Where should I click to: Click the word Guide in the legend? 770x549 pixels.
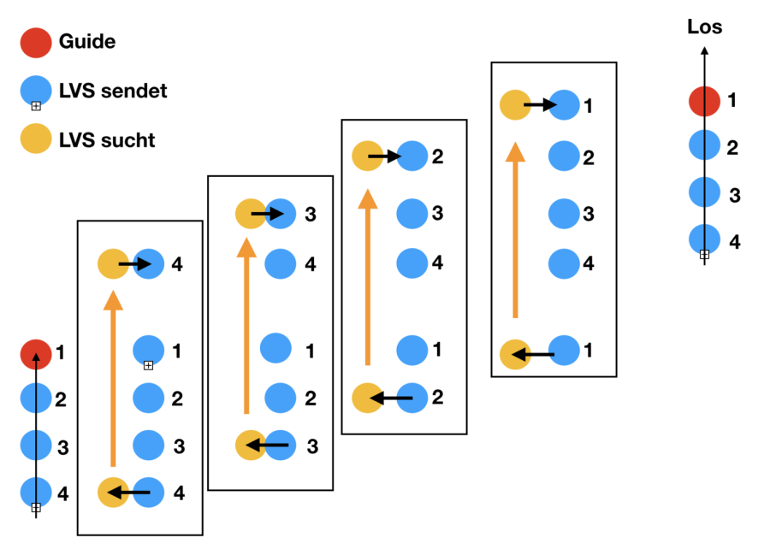point(86,41)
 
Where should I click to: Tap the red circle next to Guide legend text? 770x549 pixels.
point(36,42)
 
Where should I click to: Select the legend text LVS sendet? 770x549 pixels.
point(113,91)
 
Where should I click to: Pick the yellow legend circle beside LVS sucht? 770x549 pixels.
point(36,139)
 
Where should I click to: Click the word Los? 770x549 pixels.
point(705,27)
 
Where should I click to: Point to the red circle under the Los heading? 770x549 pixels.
point(704,101)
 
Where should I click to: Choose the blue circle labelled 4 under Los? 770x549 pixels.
point(704,239)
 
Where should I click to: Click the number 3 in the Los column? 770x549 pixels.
point(734,196)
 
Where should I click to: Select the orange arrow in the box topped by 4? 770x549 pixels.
point(113,380)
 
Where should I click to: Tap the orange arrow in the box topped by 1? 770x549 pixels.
point(514,232)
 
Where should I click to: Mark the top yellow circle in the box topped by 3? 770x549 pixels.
point(251,214)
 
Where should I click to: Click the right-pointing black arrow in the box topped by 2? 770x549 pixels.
point(384,156)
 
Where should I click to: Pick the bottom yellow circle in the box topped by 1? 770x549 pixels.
point(515,353)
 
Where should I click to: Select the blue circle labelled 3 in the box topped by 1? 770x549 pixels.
point(564,213)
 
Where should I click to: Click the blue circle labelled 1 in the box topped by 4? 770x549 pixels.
point(149,349)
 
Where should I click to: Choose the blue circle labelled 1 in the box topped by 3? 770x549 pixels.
point(275,349)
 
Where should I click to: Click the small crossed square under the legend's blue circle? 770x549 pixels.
point(36,106)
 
